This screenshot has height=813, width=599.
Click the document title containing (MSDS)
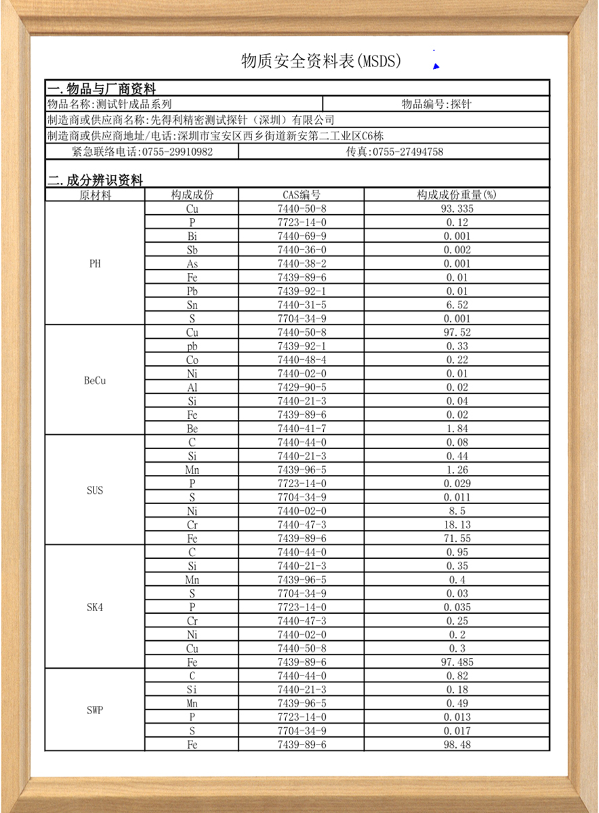(321, 62)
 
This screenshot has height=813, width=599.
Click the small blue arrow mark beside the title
(436, 66)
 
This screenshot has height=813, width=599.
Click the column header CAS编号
(302, 195)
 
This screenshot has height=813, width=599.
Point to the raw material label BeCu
(95, 381)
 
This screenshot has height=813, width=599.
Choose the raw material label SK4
(95, 608)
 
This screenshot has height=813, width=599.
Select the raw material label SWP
(95, 711)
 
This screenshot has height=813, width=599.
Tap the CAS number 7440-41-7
(302, 429)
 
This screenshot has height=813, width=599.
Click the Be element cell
(192, 429)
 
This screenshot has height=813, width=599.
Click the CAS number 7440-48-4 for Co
(302, 360)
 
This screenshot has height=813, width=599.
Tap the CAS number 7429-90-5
(302, 388)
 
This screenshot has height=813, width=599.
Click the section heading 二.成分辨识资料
(95, 181)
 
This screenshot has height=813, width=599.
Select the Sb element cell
(192, 250)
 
